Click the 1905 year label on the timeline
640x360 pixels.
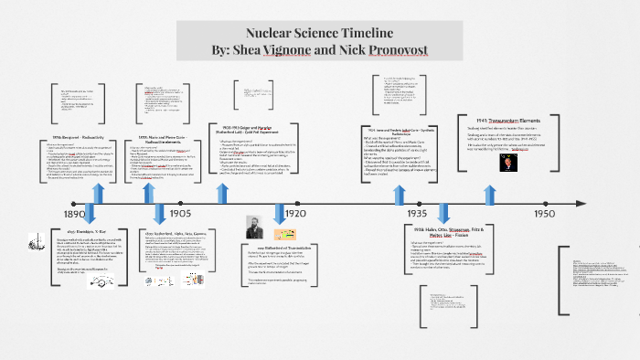pos(180,213)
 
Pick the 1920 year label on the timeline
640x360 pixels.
pos(294,213)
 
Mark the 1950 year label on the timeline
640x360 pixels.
pos(545,213)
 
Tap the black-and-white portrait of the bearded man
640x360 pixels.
pos(256,228)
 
